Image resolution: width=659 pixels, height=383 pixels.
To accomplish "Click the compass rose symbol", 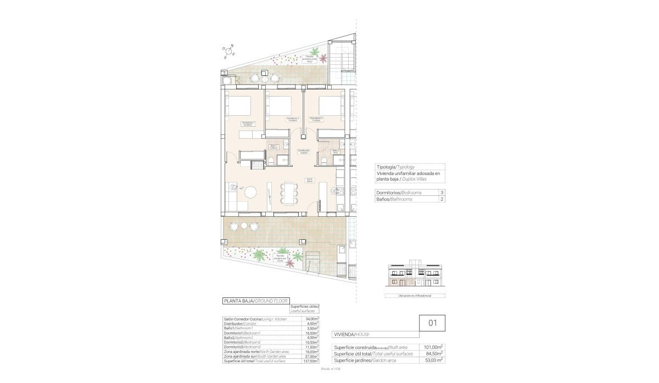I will [228, 51].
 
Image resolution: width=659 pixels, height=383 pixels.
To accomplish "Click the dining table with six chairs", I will [288, 193].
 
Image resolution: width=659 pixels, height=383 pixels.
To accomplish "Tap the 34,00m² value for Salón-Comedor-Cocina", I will [312, 319].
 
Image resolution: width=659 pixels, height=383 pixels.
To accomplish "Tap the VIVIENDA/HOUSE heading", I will [351, 334].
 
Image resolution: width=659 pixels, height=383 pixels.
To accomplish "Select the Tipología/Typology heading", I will [395, 167].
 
